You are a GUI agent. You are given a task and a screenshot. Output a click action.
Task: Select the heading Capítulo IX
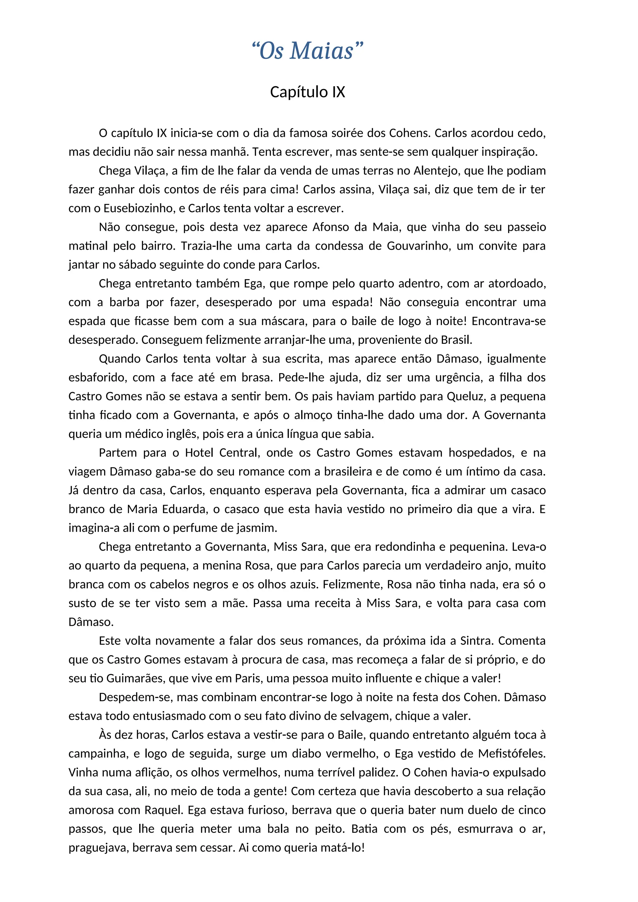307,92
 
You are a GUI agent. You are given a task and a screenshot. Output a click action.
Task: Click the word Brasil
455,340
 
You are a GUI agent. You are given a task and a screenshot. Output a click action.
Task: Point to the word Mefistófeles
512,754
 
